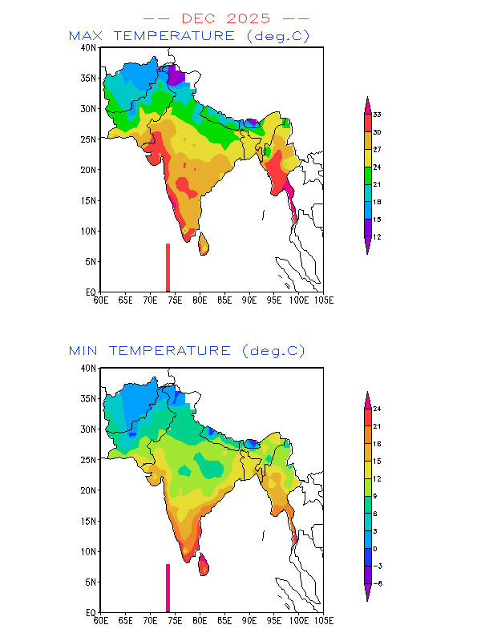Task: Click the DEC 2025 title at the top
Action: (225, 18)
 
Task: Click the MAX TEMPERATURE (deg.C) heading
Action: (188, 36)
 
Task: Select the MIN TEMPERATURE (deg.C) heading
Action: (187, 351)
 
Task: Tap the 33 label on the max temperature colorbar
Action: (376, 115)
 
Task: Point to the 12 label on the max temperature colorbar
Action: (376, 236)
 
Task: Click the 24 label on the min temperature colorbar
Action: (376, 409)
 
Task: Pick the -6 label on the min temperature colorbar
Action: (376, 583)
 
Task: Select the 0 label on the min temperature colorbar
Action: (375, 549)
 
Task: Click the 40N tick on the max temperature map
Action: (90, 47)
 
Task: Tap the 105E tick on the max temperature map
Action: (323, 300)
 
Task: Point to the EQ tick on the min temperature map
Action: (91, 612)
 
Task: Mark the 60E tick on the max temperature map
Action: (100, 300)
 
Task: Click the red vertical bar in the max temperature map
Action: (168, 268)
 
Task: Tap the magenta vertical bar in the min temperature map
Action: (168, 587)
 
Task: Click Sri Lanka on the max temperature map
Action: (204, 243)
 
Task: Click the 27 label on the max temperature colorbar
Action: (376, 149)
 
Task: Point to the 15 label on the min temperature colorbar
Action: (376, 462)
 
